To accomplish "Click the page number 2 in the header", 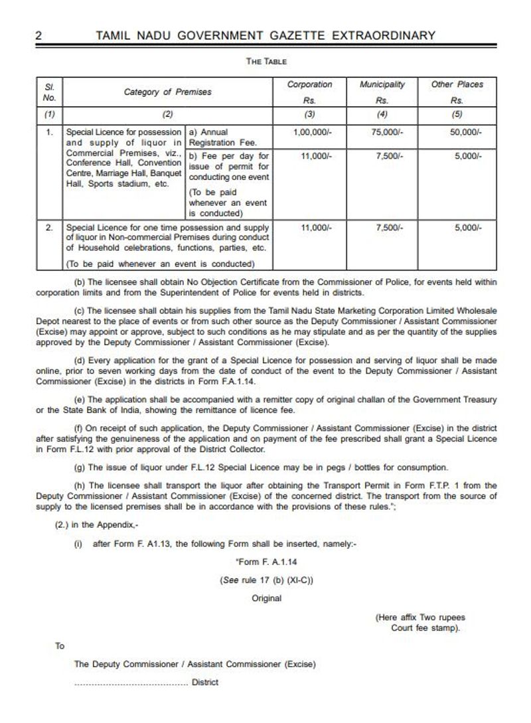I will [38, 36].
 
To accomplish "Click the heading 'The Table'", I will [266, 62].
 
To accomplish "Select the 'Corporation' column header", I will [309, 85].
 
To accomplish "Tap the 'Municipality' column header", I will [382, 85].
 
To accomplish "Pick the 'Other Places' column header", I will [457, 85].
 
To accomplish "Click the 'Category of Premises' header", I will [167, 92].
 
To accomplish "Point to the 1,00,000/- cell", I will [311, 133].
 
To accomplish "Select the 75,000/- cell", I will [384, 133].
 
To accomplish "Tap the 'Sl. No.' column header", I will [48, 92].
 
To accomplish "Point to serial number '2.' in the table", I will [49, 227].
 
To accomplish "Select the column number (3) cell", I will [309, 114].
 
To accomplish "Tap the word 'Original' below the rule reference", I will [266, 598].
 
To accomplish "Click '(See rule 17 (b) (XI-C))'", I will [266, 580].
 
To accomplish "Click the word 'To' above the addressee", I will [60, 645].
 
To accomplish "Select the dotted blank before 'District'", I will [130, 683].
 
